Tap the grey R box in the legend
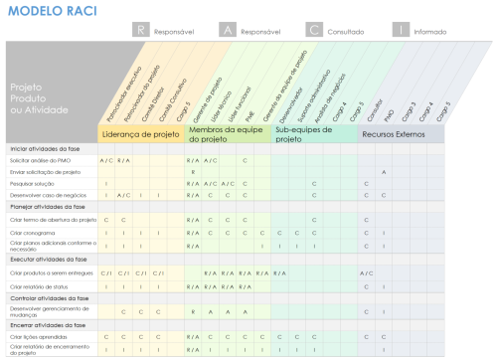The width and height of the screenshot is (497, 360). tap(144, 31)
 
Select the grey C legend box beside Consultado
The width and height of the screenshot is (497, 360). tap(314, 31)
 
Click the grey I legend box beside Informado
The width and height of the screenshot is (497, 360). tap(402, 31)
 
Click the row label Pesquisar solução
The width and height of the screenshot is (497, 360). tap(32, 183)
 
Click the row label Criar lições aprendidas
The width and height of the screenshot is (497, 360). tap(39, 336)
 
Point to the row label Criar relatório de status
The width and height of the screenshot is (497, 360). tap(40, 284)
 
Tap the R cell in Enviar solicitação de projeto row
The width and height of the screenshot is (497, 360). tap(192, 171)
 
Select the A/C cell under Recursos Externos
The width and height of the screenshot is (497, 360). tap(366, 271)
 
